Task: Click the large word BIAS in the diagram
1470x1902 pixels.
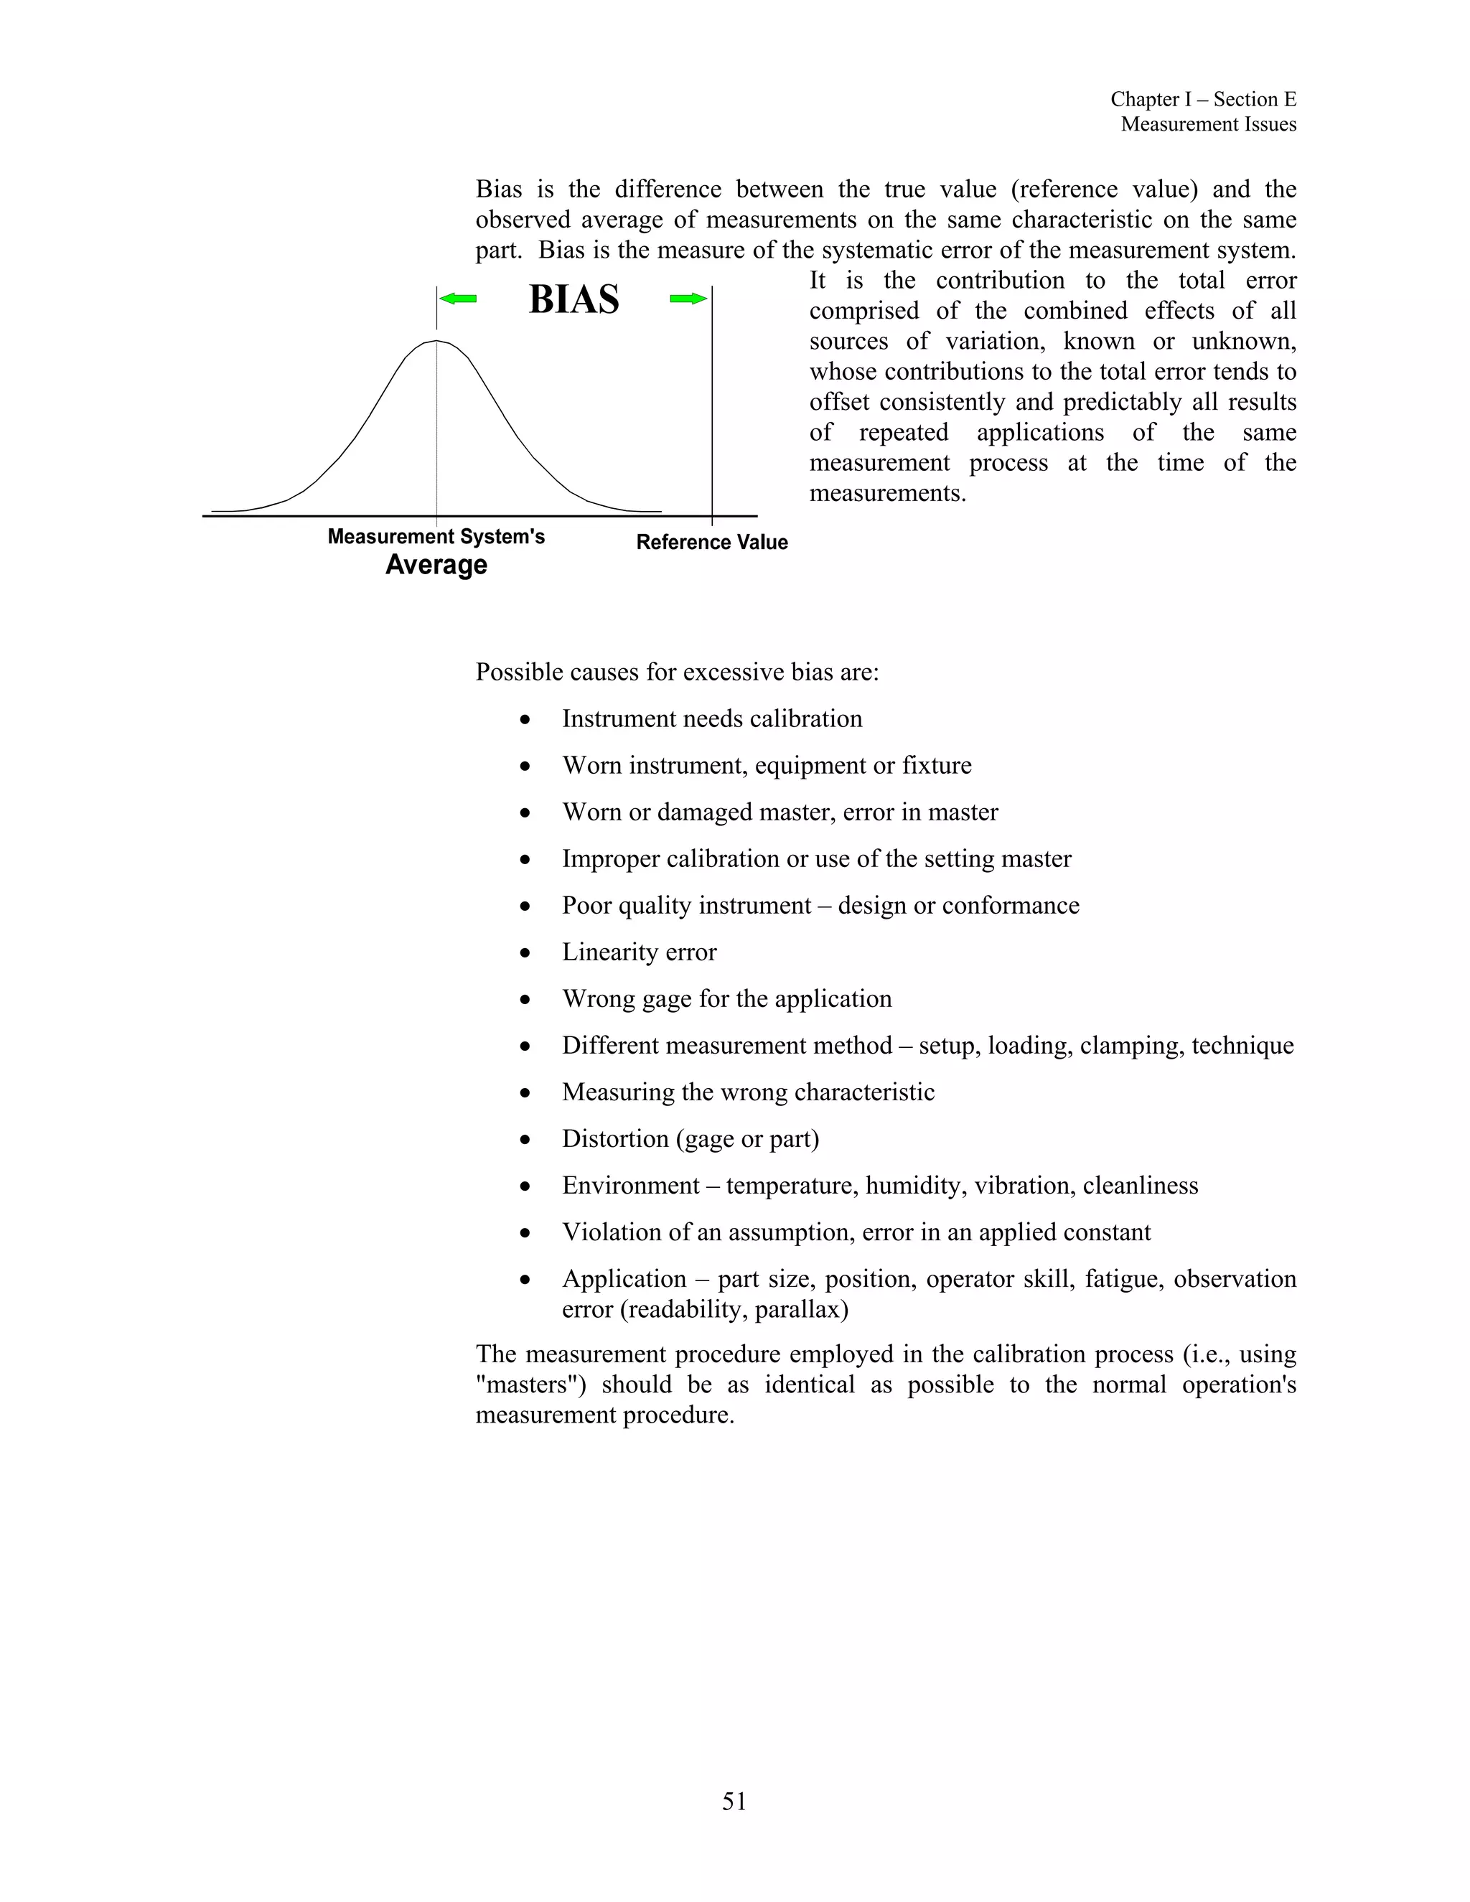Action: coord(574,299)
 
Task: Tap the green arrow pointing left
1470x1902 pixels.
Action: coord(458,299)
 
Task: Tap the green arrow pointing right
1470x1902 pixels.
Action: coord(688,299)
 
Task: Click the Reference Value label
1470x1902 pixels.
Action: coord(711,543)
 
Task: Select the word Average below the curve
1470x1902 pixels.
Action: coord(436,565)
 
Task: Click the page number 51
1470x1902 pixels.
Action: coord(734,1801)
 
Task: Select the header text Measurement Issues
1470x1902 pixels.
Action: coord(1208,125)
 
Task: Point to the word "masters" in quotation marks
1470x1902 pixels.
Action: coord(530,1385)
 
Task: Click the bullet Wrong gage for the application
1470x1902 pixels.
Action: coord(726,999)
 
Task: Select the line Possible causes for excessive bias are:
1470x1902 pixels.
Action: coord(677,673)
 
